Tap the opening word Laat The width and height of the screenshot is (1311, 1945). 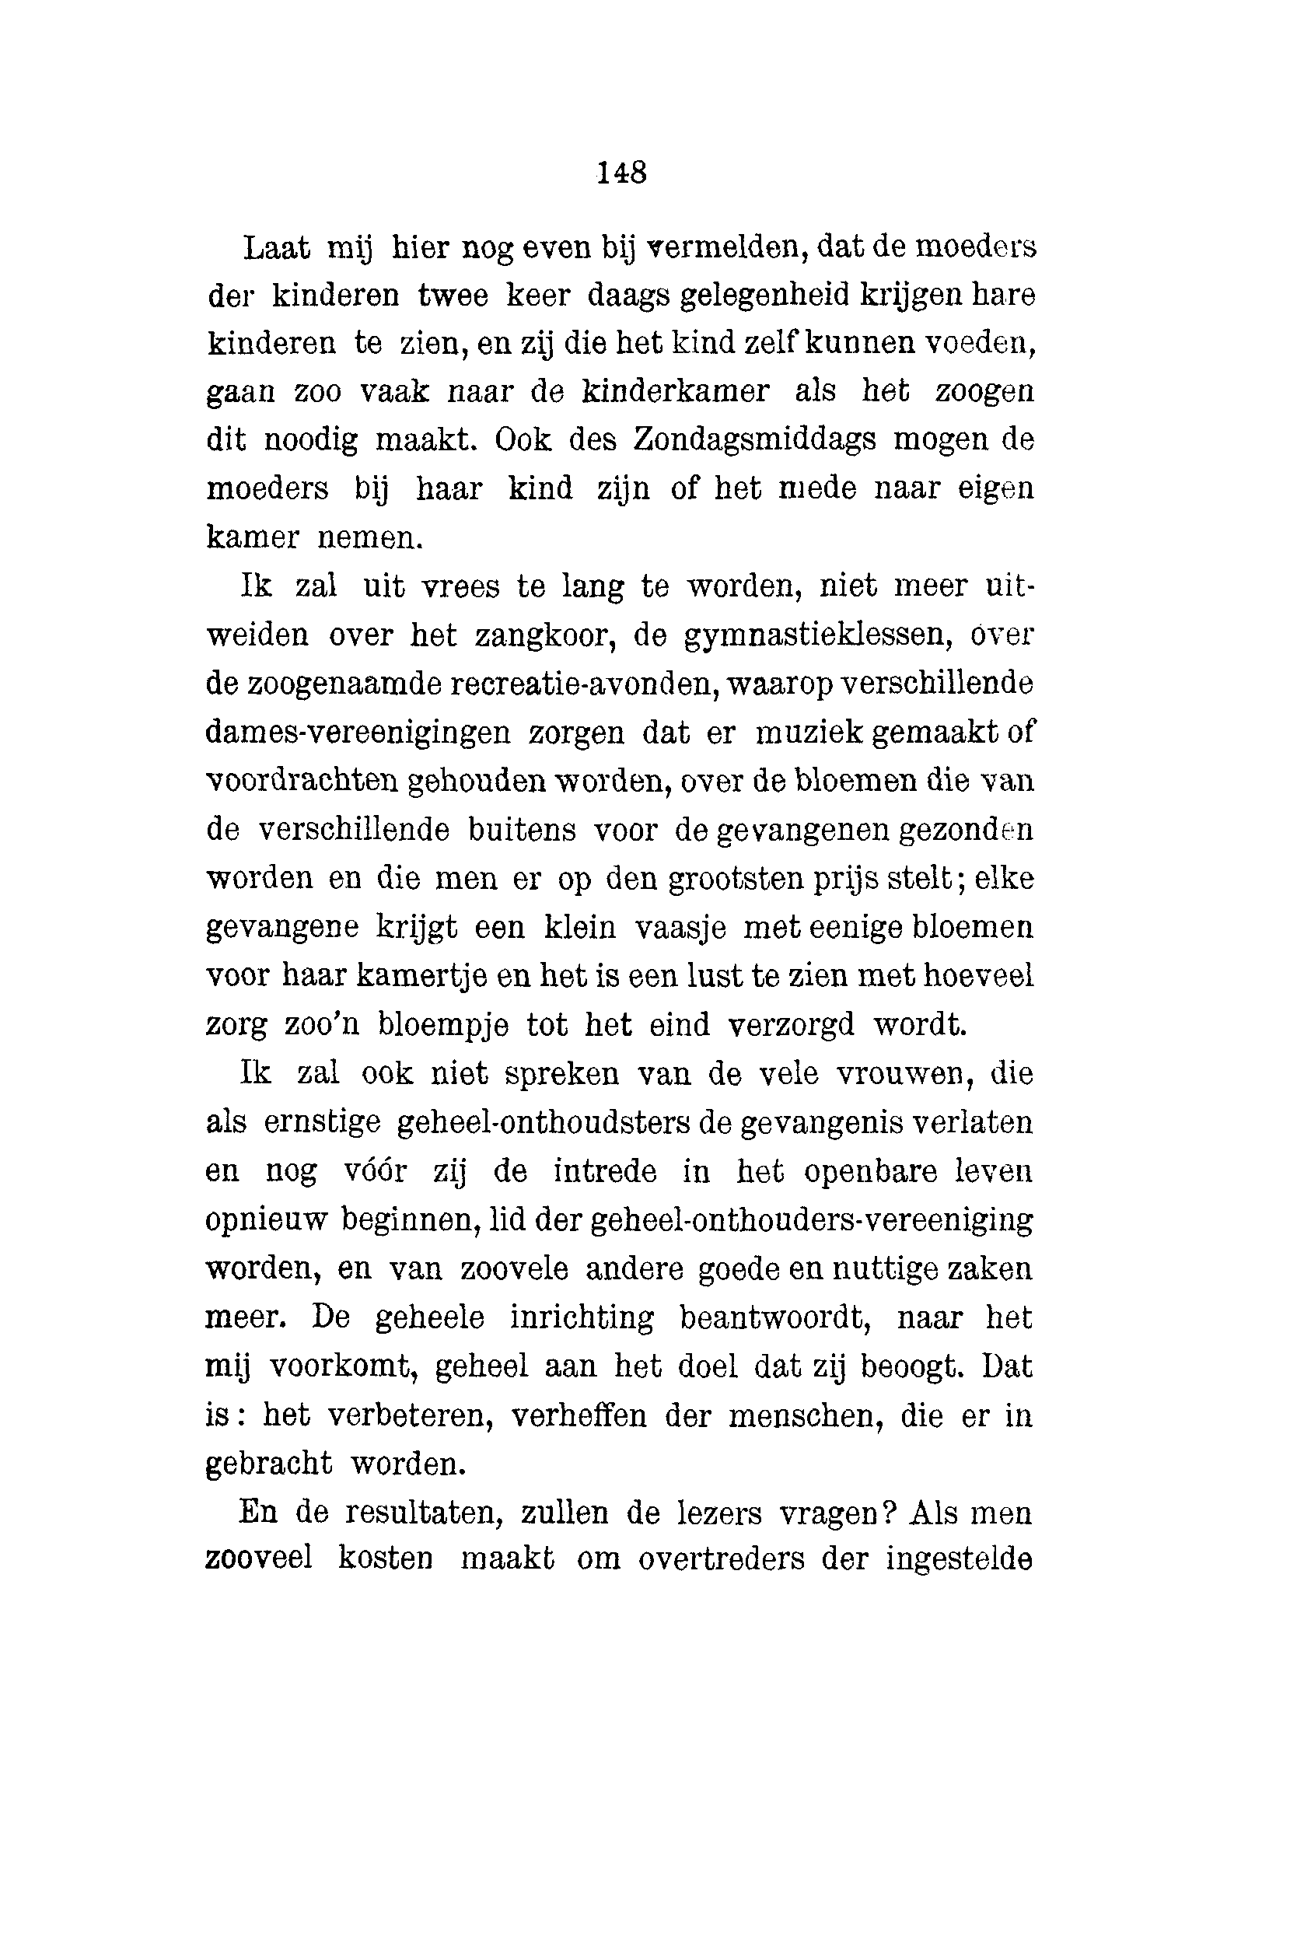(276, 247)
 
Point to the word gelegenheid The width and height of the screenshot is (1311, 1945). (765, 296)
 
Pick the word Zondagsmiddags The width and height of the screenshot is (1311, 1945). (754, 440)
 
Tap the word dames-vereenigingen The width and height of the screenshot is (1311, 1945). (357, 733)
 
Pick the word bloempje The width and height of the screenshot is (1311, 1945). (442, 1024)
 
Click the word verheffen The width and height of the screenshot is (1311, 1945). (578, 1415)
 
